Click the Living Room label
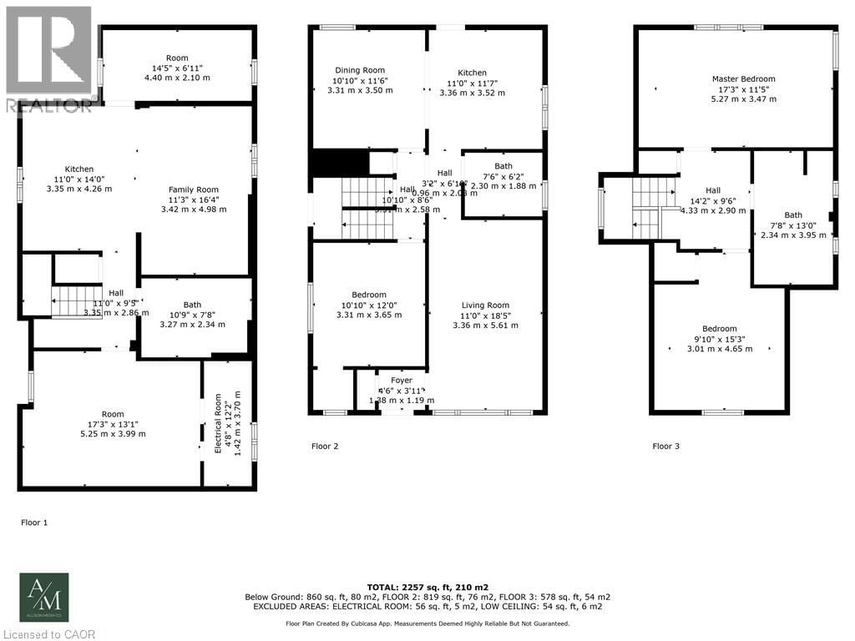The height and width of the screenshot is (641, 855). coord(485,305)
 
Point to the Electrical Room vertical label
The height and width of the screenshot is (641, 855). coord(219,422)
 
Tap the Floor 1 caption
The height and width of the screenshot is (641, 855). coord(34,522)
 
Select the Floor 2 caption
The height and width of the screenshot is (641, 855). coord(325,447)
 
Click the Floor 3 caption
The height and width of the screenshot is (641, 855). coord(665,447)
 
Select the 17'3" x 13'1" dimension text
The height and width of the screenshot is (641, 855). coord(113,424)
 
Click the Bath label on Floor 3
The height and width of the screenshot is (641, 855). coord(792,215)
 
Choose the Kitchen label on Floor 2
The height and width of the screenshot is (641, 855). coord(472,73)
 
